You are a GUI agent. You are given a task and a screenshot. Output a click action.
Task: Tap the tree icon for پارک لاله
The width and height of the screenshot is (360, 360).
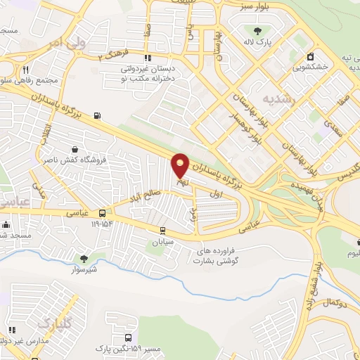coord(256,30)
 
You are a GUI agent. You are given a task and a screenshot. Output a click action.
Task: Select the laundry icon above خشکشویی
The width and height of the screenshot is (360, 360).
coord(309,56)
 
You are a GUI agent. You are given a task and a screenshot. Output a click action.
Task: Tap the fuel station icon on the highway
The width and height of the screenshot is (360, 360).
coord(96,116)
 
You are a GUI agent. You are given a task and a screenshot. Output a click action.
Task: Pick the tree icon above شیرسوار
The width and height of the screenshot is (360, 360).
coord(84,259)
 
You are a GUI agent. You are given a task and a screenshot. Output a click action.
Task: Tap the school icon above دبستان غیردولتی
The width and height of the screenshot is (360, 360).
coord(147,58)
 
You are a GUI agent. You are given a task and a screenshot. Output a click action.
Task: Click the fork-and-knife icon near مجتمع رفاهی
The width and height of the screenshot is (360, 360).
coord(26,69)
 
